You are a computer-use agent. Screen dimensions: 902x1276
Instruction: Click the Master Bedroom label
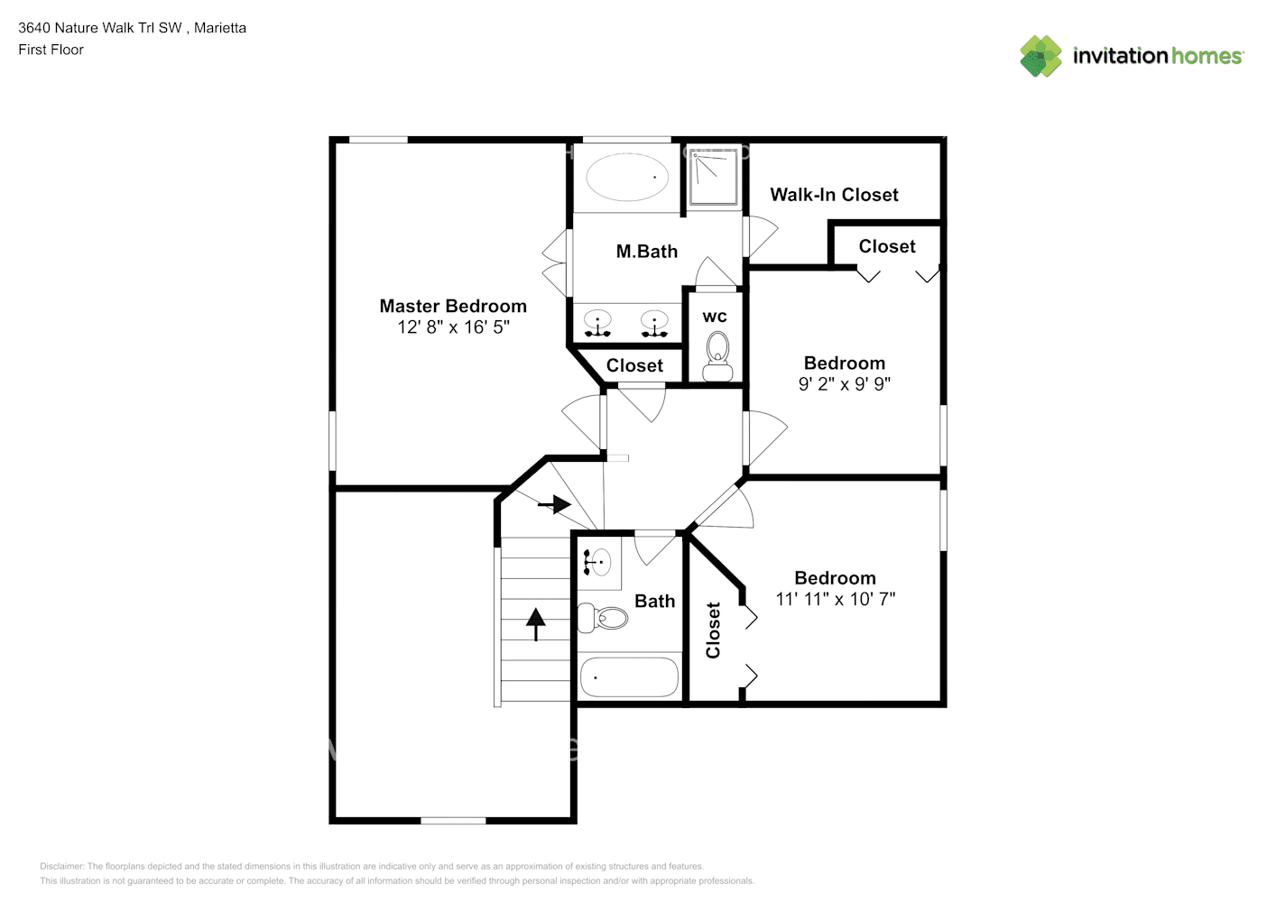(x=453, y=306)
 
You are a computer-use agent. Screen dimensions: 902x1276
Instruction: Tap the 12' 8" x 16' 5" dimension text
(x=453, y=327)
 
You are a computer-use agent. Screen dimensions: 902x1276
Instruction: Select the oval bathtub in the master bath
(x=627, y=177)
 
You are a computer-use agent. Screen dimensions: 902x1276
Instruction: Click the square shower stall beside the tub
(x=715, y=178)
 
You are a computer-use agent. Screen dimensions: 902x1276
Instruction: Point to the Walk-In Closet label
(x=834, y=195)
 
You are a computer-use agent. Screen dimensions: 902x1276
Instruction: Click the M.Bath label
(x=646, y=252)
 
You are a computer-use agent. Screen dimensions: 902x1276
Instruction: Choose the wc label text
(x=715, y=317)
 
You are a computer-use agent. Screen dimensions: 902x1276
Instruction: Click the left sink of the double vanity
(x=597, y=321)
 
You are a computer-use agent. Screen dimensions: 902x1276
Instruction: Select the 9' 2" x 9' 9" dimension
(x=844, y=384)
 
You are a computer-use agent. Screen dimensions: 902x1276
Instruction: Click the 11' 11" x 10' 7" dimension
(x=835, y=599)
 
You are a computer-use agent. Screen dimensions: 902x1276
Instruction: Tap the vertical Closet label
(x=713, y=630)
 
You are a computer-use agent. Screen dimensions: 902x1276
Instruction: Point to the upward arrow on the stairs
(x=536, y=623)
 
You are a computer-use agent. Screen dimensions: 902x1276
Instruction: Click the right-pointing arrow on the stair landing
(x=554, y=504)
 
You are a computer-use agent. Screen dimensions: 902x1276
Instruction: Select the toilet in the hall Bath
(x=604, y=618)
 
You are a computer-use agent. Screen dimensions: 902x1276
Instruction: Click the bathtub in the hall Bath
(x=629, y=677)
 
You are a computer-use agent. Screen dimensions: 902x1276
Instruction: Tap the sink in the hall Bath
(x=597, y=562)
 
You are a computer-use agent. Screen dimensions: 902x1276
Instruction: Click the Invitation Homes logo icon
(x=1040, y=56)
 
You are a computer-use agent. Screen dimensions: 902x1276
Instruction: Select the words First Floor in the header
(x=51, y=50)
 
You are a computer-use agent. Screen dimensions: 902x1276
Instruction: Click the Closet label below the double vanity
(x=634, y=365)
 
